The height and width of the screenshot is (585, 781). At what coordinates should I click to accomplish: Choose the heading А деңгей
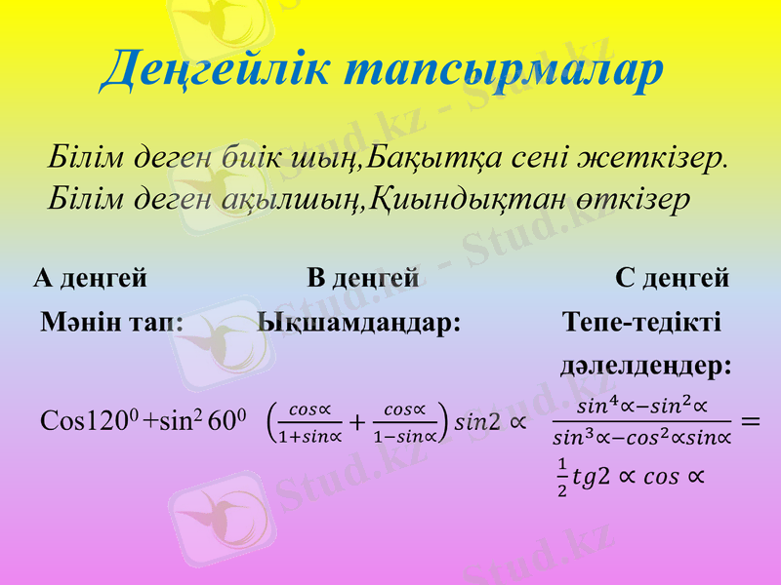coord(91,279)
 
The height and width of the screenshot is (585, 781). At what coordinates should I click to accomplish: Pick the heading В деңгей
coord(363,279)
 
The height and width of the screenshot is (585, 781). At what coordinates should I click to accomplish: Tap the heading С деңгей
coord(673,279)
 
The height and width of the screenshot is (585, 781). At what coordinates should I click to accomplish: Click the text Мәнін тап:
coord(112,322)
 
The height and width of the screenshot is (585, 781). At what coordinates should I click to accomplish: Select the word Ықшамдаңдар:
coord(359,322)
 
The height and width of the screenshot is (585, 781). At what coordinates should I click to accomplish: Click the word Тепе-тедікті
coord(642,322)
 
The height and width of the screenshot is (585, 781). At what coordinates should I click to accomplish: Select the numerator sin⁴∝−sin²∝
coord(641,405)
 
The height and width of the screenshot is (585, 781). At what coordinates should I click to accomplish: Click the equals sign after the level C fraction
coord(750,421)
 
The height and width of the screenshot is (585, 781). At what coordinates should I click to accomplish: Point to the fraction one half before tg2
coord(562,476)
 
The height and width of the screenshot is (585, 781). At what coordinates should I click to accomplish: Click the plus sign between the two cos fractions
coord(355,422)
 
